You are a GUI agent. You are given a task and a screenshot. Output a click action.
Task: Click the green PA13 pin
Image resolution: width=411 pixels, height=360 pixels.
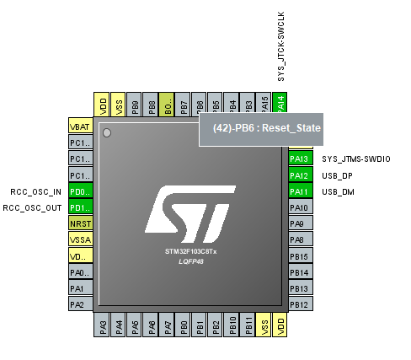pyautogui.click(x=299, y=159)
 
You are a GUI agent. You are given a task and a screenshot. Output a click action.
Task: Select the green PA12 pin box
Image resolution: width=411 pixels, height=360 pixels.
pyautogui.click(x=299, y=175)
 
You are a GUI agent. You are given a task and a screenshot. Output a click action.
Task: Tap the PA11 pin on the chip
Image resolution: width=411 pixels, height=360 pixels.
pyautogui.click(x=299, y=191)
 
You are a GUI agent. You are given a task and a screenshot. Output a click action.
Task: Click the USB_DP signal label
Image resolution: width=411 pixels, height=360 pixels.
pyautogui.click(x=337, y=175)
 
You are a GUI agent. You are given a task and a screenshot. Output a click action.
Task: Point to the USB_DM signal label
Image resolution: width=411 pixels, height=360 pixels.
pyautogui.click(x=337, y=191)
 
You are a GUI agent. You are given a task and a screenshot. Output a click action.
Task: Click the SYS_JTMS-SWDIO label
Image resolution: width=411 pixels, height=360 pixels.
pyautogui.click(x=356, y=159)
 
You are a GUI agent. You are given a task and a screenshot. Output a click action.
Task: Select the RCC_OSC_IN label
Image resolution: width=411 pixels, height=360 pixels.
pyautogui.click(x=36, y=191)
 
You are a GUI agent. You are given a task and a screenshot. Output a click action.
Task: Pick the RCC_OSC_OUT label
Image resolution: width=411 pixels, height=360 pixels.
pyautogui.click(x=33, y=207)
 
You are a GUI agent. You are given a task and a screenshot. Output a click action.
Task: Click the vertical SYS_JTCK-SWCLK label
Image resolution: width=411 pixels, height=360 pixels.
pyautogui.click(x=281, y=46)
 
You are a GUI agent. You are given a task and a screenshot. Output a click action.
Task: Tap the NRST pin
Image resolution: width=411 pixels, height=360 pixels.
pyautogui.click(x=79, y=223)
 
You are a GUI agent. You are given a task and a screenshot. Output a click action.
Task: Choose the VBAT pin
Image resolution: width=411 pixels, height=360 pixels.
pyautogui.click(x=79, y=126)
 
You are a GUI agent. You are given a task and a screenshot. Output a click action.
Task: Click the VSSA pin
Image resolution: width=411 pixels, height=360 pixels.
pyautogui.click(x=79, y=239)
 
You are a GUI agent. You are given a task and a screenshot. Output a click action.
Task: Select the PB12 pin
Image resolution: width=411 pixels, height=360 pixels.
pyautogui.click(x=299, y=304)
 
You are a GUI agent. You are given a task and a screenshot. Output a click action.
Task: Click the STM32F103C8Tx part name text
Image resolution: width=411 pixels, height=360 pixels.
pyautogui.click(x=190, y=252)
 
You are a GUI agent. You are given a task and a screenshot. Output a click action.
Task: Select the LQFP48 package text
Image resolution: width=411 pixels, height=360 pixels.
pyautogui.click(x=190, y=262)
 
